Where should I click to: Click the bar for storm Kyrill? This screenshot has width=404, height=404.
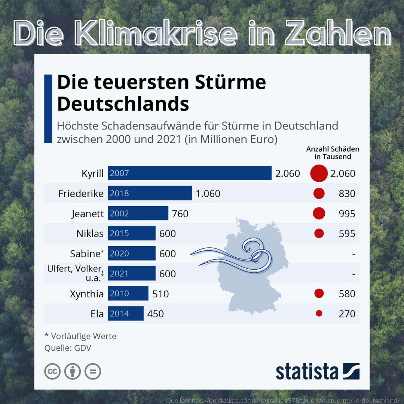point(189,173)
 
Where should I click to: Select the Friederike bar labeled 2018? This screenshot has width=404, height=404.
point(150,193)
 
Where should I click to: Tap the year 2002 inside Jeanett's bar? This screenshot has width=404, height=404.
point(119,214)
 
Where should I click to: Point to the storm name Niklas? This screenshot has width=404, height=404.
point(90,233)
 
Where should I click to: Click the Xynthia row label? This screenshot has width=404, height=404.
point(86,294)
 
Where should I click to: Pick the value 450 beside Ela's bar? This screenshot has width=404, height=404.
point(156,314)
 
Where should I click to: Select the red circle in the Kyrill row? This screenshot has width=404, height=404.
point(319,173)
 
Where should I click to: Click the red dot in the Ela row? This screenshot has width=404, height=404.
point(319,313)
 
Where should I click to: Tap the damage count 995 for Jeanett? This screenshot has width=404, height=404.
point(347,214)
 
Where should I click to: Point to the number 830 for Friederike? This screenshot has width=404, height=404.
point(347,193)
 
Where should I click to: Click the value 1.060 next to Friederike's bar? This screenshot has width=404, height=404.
point(208,193)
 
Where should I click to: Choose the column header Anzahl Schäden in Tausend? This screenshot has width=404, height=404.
point(332,153)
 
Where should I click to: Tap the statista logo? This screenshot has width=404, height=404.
point(318,371)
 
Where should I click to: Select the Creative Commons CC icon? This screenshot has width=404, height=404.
point(52,371)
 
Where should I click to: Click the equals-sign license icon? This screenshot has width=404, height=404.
point(93,371)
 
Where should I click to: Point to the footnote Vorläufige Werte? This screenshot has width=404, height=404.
point(80,336)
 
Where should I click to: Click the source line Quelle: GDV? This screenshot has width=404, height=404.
point(68,348)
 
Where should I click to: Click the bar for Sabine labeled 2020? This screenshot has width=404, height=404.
point(131,254)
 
